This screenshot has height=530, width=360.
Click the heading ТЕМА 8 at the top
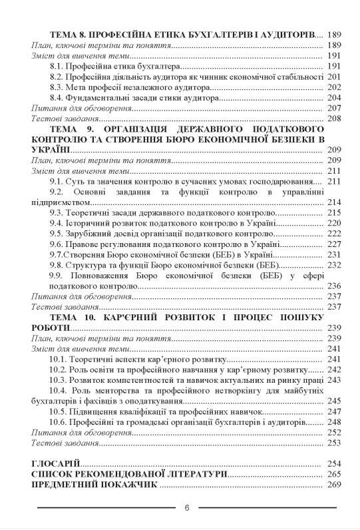69,34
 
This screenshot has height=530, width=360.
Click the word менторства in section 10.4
121,390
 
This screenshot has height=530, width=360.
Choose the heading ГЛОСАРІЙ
56,463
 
